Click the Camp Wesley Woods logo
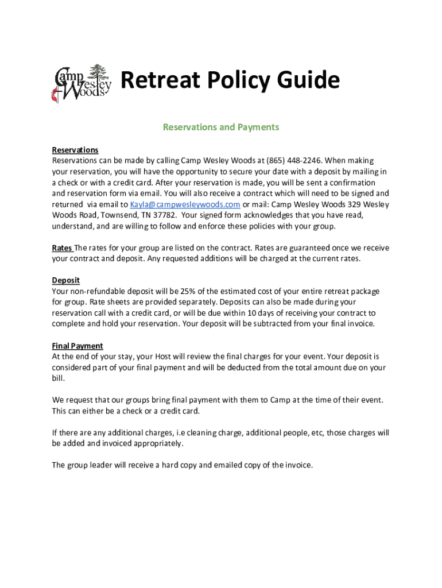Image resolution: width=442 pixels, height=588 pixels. point(82,84)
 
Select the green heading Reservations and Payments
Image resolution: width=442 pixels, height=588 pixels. point(221,127)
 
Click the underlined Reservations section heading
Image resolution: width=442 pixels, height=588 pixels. point(75,150)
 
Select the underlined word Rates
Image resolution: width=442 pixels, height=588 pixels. point(61,248)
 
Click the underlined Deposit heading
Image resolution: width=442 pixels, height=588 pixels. point(65,281)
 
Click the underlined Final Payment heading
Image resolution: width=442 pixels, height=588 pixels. point(77,346)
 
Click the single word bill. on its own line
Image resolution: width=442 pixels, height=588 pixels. point(58,379)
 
